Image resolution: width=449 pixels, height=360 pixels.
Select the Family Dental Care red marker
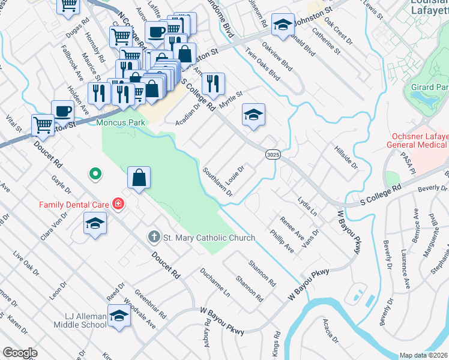[118, 204]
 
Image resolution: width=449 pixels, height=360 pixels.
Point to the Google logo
[20, 352]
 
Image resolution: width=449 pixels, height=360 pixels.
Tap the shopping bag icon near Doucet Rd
[139, 178]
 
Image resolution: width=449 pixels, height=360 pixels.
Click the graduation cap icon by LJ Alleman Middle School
[119, 317]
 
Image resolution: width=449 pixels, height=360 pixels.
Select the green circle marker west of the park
[94, 175]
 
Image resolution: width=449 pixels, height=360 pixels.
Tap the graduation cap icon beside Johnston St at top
[283, 25]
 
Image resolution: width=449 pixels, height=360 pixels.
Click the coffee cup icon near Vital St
[63, 111]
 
